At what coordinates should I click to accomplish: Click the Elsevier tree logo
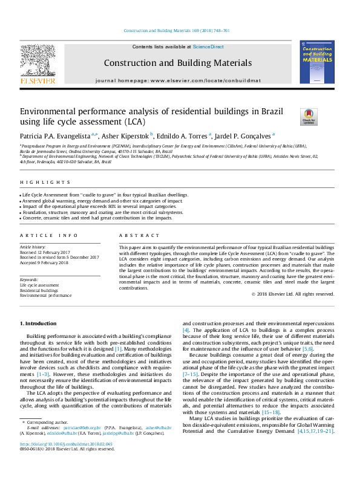[38, 60]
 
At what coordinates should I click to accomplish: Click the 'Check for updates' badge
[292, 117]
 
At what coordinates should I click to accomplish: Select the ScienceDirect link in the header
[208, 47]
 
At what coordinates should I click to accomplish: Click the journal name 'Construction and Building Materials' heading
[177, 63]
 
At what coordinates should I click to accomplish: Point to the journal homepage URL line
[177, 80]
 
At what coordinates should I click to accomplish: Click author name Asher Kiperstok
[126, 136]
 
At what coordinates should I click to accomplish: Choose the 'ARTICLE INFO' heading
[48, 235]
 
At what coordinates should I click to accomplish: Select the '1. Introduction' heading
[38, 324]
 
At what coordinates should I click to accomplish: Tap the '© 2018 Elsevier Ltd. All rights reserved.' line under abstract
[292, 294]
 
